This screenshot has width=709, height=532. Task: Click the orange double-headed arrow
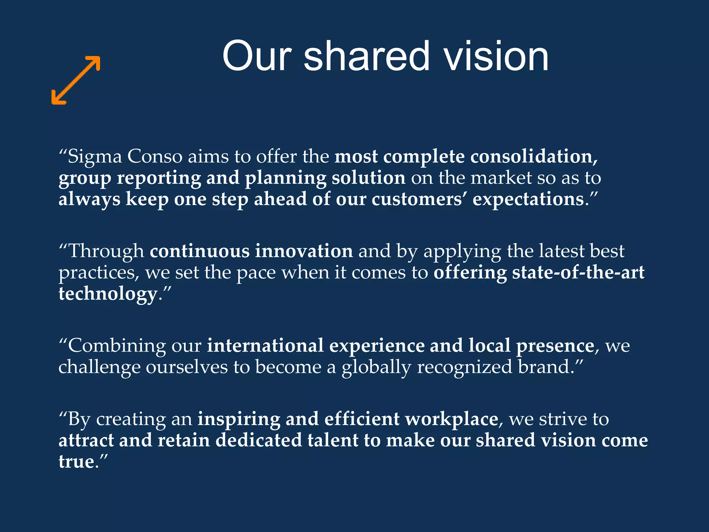coord(76,80)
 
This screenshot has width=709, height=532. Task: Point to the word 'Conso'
coord(155,157)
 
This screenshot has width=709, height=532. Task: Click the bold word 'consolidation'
coord(533,157)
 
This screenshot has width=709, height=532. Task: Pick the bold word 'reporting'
coord(159,178)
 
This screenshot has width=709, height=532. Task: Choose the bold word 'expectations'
coord(528,200)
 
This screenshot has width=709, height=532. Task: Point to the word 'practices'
coord(98,273)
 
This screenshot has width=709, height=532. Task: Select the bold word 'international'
coord(265,346)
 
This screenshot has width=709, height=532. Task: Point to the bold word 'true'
coord(76,462)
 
